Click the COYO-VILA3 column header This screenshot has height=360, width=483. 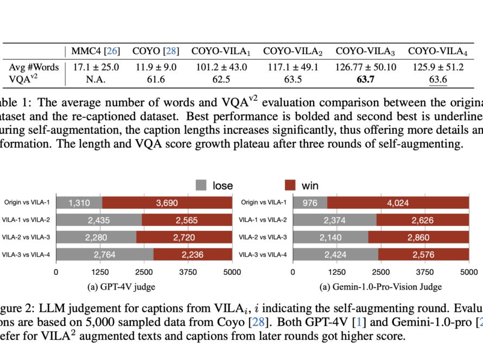(365, 52)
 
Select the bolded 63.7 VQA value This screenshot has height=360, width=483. (365, 81)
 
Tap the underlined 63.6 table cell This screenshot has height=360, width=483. (438, 81)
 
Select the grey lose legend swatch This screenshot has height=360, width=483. (201, 185)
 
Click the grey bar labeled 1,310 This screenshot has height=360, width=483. (79, 202)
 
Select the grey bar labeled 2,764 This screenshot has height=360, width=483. (105, 254)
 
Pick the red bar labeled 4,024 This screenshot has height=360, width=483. (398, 202)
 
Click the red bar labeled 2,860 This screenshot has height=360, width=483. (418, 237)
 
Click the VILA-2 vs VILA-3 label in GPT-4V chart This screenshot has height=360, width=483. (28, 237)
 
